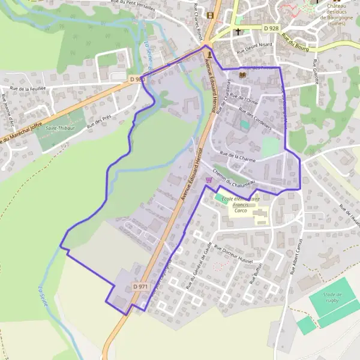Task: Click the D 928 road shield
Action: (271, 28)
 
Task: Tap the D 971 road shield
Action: (140, 287)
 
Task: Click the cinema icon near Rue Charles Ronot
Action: (210, 15)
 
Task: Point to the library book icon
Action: (242, 75)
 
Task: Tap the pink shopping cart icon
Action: (209, 179)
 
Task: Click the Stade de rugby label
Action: (331, 298)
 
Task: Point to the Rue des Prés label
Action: (99, 122)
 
